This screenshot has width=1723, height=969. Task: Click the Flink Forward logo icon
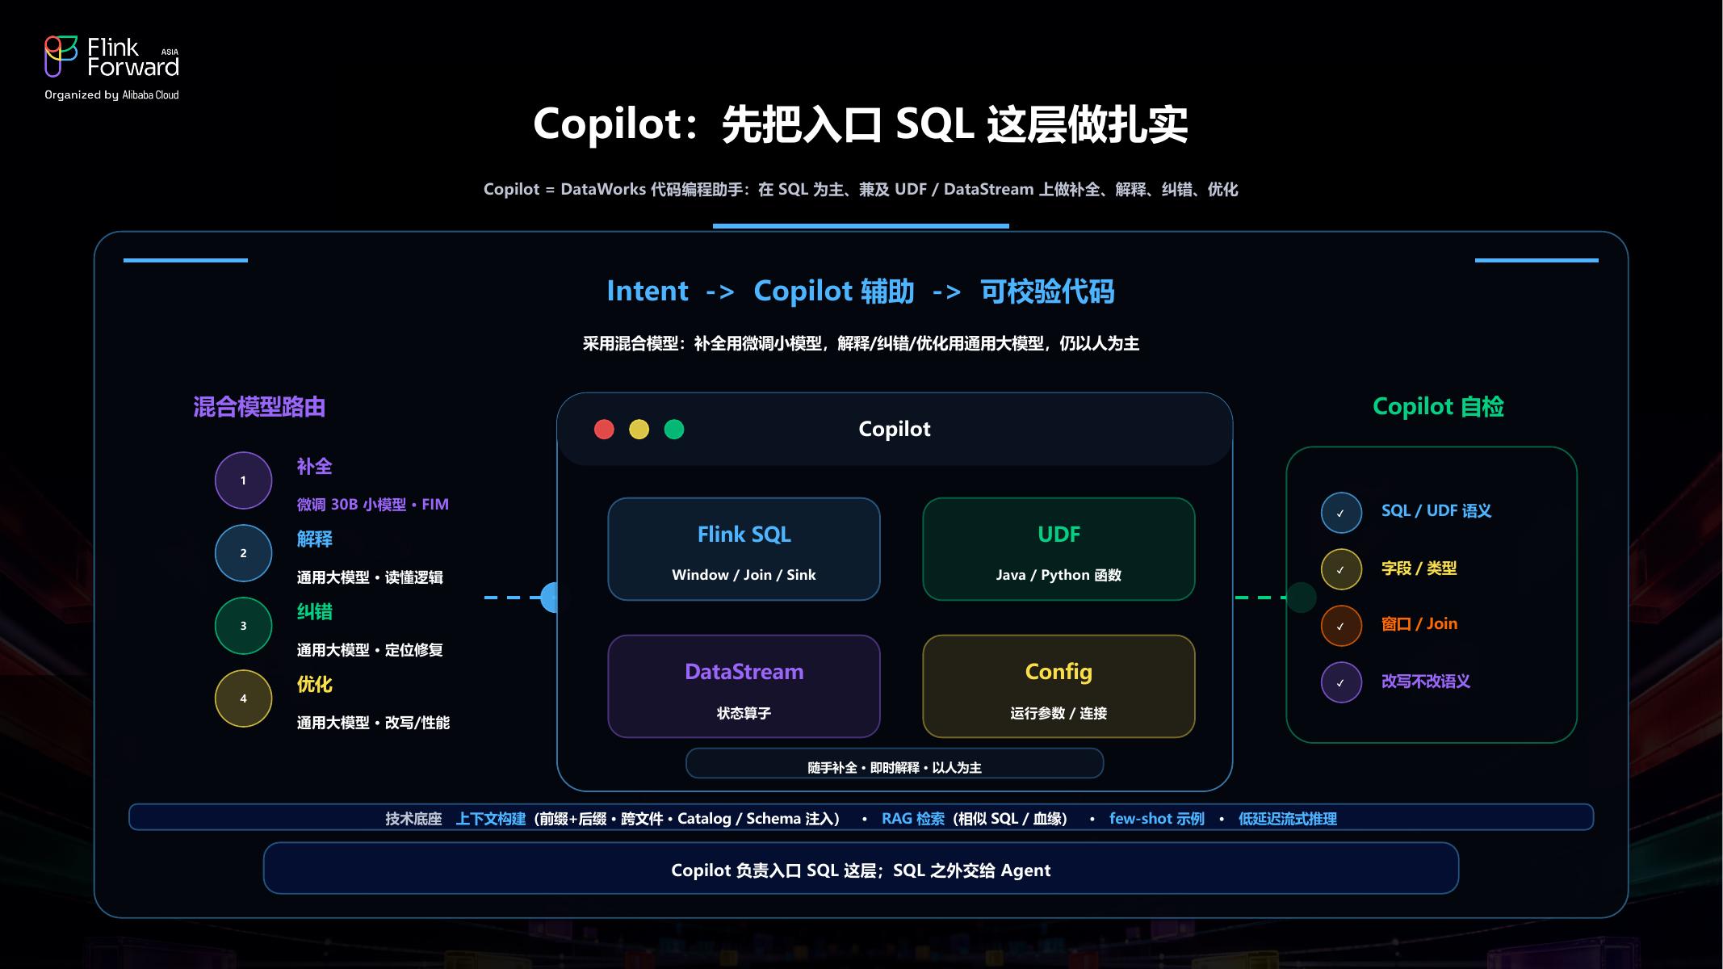(61, 57)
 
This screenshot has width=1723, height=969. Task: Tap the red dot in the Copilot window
(604, 430)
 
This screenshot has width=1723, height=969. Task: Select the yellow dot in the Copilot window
(639, 430)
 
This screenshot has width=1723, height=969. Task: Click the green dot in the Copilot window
(674, 430)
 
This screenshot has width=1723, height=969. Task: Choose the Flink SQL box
(744, 549)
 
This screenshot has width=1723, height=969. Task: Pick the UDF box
(1059, 549)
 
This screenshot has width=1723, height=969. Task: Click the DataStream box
(744, 686)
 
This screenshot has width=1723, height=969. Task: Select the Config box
(1059, 686)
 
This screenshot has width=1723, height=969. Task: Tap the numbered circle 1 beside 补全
(243, 480)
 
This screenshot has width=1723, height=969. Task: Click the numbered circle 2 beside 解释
(243, 553)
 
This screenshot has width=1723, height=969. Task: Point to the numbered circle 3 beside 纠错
(243, 626)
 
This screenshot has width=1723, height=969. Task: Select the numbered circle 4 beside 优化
(243, 698)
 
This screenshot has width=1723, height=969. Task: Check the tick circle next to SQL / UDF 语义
(1341, 513)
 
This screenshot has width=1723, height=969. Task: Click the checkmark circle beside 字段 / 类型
(1341, 569)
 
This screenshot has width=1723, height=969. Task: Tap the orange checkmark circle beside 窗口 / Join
(1341, 626)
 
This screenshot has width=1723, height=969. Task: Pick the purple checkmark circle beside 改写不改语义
(1341, 682)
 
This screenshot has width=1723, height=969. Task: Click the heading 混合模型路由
(259, 407)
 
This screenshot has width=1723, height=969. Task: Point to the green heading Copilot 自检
(1438, 407)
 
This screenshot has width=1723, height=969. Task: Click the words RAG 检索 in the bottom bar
(913, 819)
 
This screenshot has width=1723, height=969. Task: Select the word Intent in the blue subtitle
(648, 291)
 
